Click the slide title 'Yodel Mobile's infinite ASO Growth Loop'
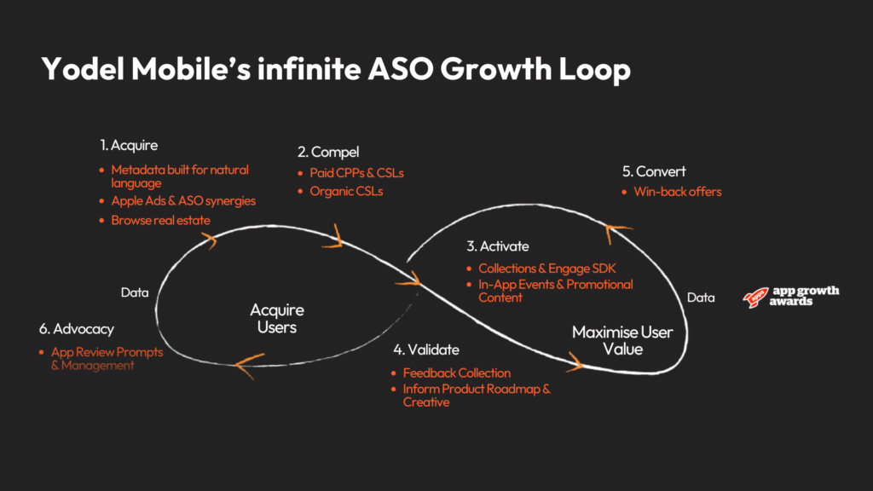coord(336,69)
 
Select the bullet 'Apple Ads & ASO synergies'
coord(183,201)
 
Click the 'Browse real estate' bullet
coord(160,220)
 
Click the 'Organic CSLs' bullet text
coord(346,191)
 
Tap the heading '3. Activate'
coord(497,246)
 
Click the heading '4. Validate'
coord(425,349)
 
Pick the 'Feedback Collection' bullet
coord(456,373)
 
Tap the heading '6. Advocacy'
coord(76,328)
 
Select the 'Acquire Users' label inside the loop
coord(276,318)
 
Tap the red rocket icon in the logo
coord(754,297)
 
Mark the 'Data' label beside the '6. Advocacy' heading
coord(135,292)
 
